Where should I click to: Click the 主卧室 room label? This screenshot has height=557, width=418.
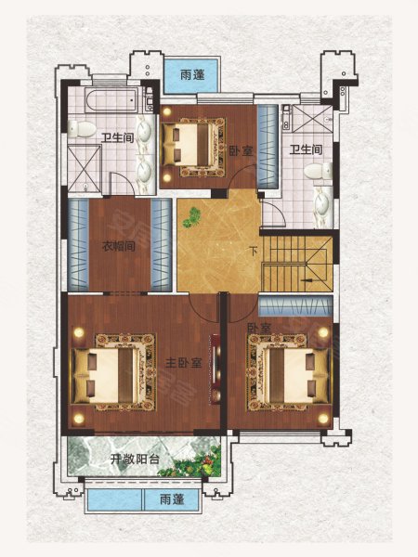(x=184, y=363)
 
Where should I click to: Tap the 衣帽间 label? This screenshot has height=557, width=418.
(x=119, y=246)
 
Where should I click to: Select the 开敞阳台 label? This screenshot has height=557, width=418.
(x=135, y=460)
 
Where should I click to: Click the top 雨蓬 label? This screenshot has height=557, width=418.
(x=192, y=75)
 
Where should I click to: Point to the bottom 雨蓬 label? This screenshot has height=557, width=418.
(x=172, y=499)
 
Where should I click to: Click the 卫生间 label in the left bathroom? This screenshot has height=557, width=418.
(x=118, y=137)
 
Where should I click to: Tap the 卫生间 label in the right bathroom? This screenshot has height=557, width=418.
(x=306, y=149)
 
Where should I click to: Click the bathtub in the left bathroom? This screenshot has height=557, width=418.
(x=111, y=99)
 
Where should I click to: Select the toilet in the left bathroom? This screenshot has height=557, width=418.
(x=81, y=129)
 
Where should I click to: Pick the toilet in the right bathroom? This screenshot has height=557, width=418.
(x=318, y=171)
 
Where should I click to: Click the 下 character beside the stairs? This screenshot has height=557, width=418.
(x=253, y=252)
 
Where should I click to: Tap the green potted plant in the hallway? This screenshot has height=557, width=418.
(x=191, y=217)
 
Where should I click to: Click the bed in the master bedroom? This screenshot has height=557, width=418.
(x=106, y=376)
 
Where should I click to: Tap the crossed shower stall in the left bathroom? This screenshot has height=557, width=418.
(x=85, y=168)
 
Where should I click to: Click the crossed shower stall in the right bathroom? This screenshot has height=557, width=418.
(x=312, y=119)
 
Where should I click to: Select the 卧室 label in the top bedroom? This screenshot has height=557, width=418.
(x=241, y=151)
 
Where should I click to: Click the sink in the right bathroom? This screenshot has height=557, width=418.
(x=323, y=207)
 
